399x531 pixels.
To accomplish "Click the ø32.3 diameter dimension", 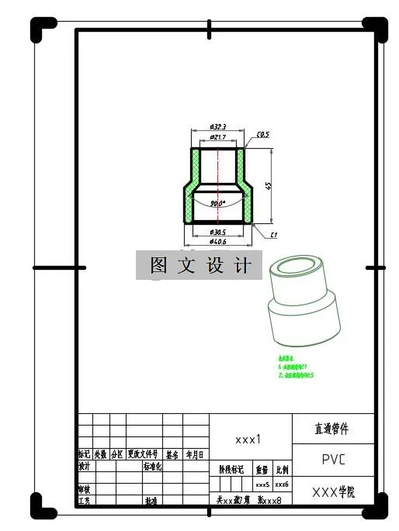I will point(218,127).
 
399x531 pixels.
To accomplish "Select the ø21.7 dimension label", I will point(218,137).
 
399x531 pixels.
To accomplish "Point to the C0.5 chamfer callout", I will point(262,134).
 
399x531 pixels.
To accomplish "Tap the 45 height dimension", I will point(268,186).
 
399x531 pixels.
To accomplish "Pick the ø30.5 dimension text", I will point(218,232).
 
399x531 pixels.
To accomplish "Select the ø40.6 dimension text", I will point(218,242).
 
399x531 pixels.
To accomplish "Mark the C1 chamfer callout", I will point(274,234).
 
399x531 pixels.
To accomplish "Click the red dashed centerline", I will point(218,182).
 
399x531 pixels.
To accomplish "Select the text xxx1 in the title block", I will point(248,439).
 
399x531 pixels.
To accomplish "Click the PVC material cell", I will point(333,459).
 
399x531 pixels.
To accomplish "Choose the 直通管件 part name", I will point(332,429).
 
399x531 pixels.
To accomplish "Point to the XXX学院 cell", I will point(333,491).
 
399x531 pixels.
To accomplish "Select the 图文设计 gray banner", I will point(200,265).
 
